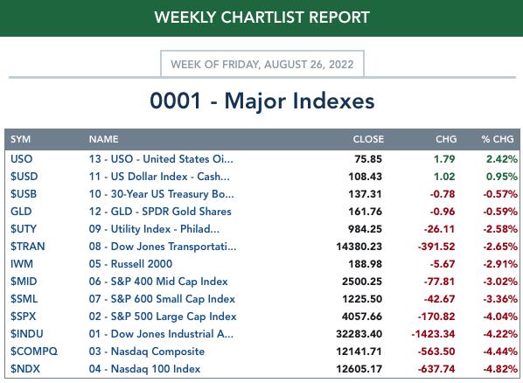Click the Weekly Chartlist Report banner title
coord(261,17)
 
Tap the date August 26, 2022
coord(309,64)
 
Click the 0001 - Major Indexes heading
coord(261,101)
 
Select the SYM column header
coord(20,139)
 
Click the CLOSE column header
coord(368,139)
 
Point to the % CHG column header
coord(498,139)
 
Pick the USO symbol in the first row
coord(21,159)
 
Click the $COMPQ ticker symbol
coord(34,352)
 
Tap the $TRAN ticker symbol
coord(27,247)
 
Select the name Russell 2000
coord(142,263)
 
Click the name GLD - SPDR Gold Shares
coord(171,212)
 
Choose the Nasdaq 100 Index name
coord(156,369)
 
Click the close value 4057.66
coord(362,317)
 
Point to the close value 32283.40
coord(359,334)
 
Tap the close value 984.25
coord(365,229)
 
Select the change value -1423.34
coord(433,334)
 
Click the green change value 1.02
coord(444,176)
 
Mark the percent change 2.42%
coord(502,159)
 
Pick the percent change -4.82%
coord(500,369)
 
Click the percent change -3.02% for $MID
coord(500,282)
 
